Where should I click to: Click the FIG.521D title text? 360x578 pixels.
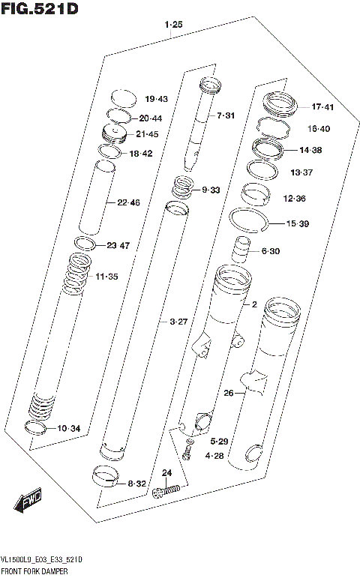40,9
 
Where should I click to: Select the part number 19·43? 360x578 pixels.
157,99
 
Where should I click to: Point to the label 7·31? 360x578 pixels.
226,115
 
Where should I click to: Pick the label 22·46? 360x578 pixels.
128,202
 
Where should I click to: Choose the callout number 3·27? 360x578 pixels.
178,322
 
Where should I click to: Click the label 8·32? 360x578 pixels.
136,484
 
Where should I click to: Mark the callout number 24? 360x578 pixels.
166,472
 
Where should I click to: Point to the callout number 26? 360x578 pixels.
229,392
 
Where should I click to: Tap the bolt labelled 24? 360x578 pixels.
166,491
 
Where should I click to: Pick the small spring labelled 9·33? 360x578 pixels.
183,189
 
